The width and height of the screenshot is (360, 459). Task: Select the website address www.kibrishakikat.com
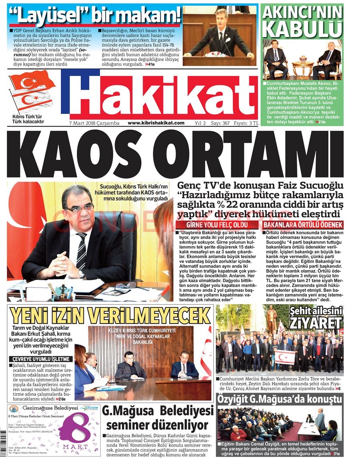click(156, 123)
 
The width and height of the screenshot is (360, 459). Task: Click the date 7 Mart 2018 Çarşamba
click(94, 123)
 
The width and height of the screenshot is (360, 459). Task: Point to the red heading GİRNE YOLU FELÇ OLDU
click(217, 225)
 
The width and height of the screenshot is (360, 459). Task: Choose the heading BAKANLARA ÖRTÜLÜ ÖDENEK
click(303, 225)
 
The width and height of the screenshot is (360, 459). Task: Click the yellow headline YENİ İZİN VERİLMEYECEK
click(110, 316)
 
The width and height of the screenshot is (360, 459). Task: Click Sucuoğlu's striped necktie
click(82, 252)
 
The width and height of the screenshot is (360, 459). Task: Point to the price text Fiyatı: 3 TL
click(246, 123)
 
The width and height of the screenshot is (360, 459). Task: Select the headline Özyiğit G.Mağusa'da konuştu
click(279, 399)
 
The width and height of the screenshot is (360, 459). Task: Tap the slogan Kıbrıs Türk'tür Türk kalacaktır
click(28, 119)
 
